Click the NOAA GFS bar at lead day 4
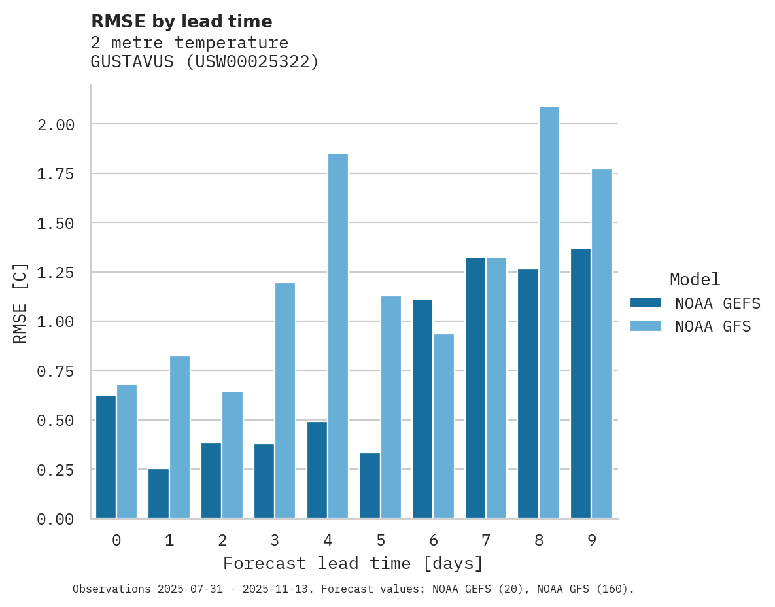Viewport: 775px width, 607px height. (x=338, y=336)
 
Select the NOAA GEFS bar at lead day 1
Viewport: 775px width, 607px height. (x=159, y=494)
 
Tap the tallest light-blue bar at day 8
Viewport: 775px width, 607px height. (x=549, y=313)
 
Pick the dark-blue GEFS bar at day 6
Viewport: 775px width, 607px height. (x=422, y=409)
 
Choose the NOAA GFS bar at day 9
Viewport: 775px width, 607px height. (x=602, y=344)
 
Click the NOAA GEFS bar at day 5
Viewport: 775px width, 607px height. (x=370, y=486)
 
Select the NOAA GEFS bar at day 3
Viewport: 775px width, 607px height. (x=264, y=481)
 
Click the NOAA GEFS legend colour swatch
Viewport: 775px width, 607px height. (x=646, y=303)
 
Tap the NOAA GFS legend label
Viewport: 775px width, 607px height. (x=713, y=326)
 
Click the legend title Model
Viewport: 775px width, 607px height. (x=695, y=279)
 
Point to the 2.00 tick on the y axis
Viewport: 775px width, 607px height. (x=56, y=124)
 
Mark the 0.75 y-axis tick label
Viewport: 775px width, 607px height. (x=56, y=371)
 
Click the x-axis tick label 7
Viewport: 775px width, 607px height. (x=486, y=540)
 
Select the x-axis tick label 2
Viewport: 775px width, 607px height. (x=222, y=540)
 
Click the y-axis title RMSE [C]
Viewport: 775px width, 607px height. (x=20, y=303)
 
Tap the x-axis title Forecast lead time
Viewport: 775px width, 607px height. (x=353, y=563)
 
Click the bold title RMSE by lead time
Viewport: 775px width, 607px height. (x=182, y=22)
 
